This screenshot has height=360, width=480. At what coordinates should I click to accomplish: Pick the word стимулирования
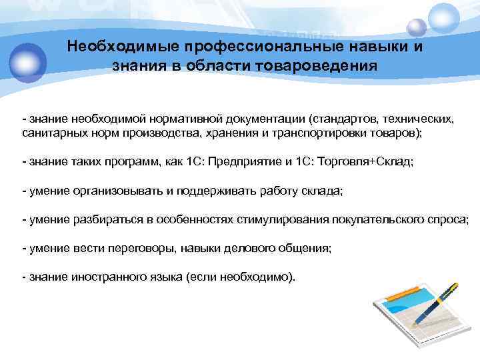click(289, 219)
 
